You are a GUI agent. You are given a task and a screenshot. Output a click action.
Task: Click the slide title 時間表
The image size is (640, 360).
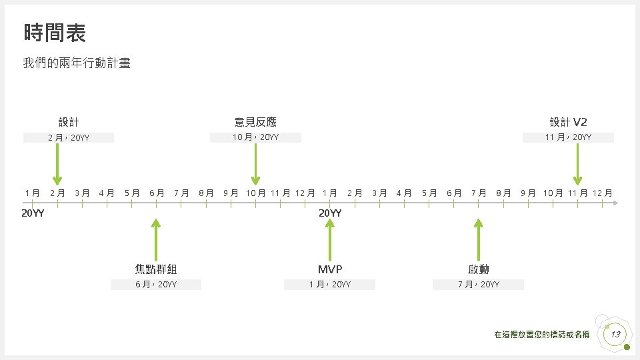[55, 32]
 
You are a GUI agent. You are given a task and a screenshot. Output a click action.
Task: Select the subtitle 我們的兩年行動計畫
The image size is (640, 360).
[77, 63]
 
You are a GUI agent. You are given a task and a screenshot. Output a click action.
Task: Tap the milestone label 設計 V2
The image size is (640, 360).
[568, 122]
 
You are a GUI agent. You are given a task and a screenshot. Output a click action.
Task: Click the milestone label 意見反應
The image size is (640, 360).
[255, 122]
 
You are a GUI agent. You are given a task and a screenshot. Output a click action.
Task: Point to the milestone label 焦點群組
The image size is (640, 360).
[156, 269]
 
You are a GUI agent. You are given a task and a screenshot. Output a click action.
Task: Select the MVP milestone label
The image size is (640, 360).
[330, 269]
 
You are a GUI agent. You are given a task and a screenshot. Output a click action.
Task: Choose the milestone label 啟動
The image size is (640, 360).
[479, 269]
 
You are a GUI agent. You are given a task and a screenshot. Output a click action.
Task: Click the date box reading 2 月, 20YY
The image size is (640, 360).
[69, 138]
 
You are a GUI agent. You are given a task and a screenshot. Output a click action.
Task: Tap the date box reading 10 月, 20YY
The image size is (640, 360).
[255, 137]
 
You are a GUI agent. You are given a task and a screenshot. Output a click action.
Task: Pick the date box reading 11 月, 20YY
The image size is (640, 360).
[568, 137]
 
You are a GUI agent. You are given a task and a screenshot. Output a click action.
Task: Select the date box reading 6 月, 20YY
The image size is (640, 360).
[156, 285]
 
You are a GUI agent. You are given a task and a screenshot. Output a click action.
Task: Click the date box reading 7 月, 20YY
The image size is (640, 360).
[479, 285]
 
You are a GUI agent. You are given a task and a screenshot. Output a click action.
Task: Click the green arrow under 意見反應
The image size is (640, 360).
[255, 164]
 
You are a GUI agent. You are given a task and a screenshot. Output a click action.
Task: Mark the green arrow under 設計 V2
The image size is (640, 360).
[577, 164]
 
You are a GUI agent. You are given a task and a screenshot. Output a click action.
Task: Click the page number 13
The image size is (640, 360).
[615, 334]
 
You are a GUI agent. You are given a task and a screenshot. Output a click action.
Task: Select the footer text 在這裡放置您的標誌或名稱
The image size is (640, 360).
[541, 335]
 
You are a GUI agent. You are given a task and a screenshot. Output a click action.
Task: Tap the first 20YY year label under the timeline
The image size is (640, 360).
[33, 213]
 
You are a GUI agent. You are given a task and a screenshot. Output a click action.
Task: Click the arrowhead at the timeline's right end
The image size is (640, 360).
[616, 202]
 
